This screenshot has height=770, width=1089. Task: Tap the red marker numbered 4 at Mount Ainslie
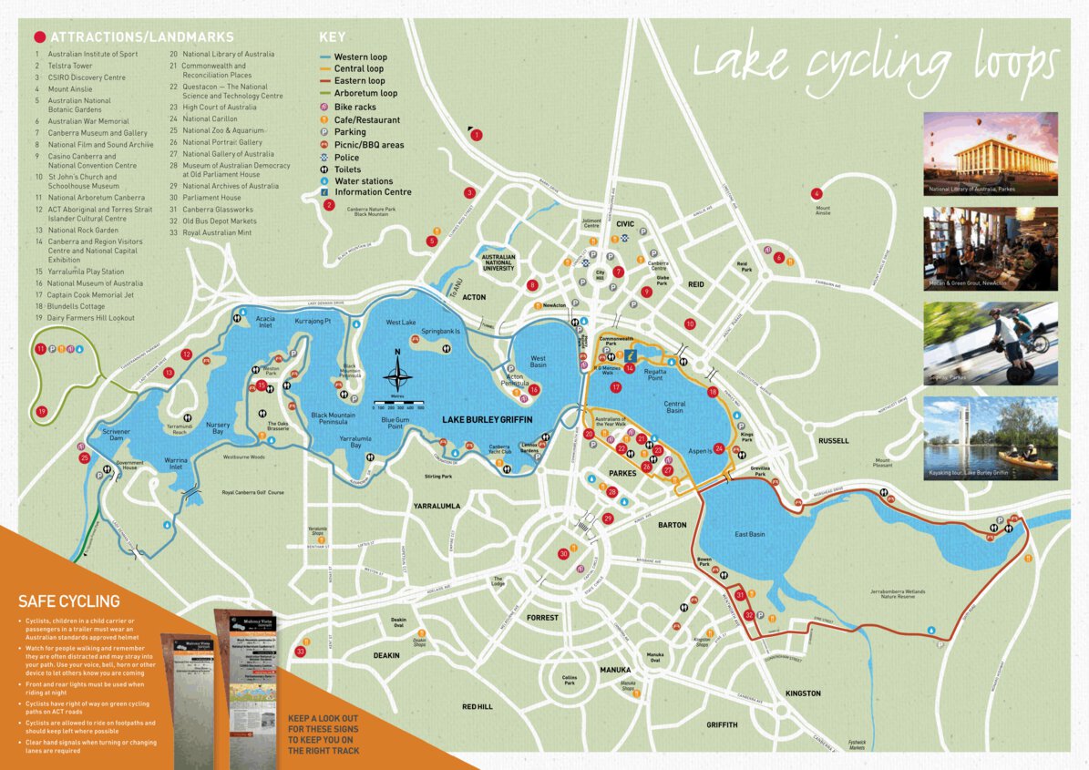pos(817,193)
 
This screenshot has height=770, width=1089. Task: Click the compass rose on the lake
pos(397,376)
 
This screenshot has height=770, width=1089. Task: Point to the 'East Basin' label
pos(750,534)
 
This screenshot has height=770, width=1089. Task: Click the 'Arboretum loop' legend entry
pos(365,93)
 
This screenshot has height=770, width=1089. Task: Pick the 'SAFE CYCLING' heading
pos(69,601)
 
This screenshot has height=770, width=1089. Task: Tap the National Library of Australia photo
pos(991,153)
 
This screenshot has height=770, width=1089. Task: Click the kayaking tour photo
pos(991,438)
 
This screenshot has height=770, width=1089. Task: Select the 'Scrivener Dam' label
pos(122,436)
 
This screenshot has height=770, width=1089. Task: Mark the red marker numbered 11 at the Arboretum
pos(40,349)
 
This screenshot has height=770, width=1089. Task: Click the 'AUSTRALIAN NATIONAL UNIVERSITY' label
pos(498,262)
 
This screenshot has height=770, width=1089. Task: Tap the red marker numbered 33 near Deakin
pos(301,651)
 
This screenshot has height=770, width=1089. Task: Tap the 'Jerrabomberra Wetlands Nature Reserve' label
pos(897,594)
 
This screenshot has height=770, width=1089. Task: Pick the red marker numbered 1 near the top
pos(476,135)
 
